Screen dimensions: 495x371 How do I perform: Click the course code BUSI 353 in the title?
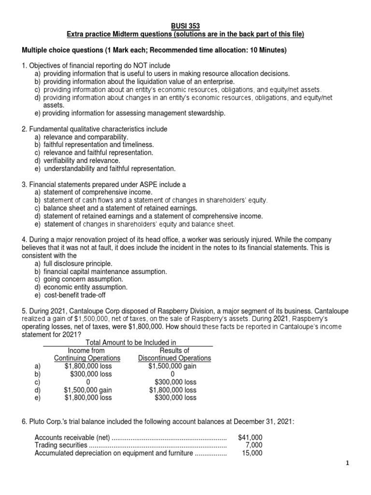click(x=186, y=26)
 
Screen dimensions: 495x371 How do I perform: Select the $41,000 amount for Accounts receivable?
click(x=251, y=437)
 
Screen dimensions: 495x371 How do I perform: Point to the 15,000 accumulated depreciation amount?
click(x=253, y=452)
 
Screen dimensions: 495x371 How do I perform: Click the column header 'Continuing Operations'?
click(x=87, y=358)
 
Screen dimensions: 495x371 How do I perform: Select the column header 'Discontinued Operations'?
click(x=174, y=358)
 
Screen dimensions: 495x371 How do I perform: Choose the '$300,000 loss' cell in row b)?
click(x=91, y=374)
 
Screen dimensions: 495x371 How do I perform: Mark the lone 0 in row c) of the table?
click(x=87, y=382)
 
